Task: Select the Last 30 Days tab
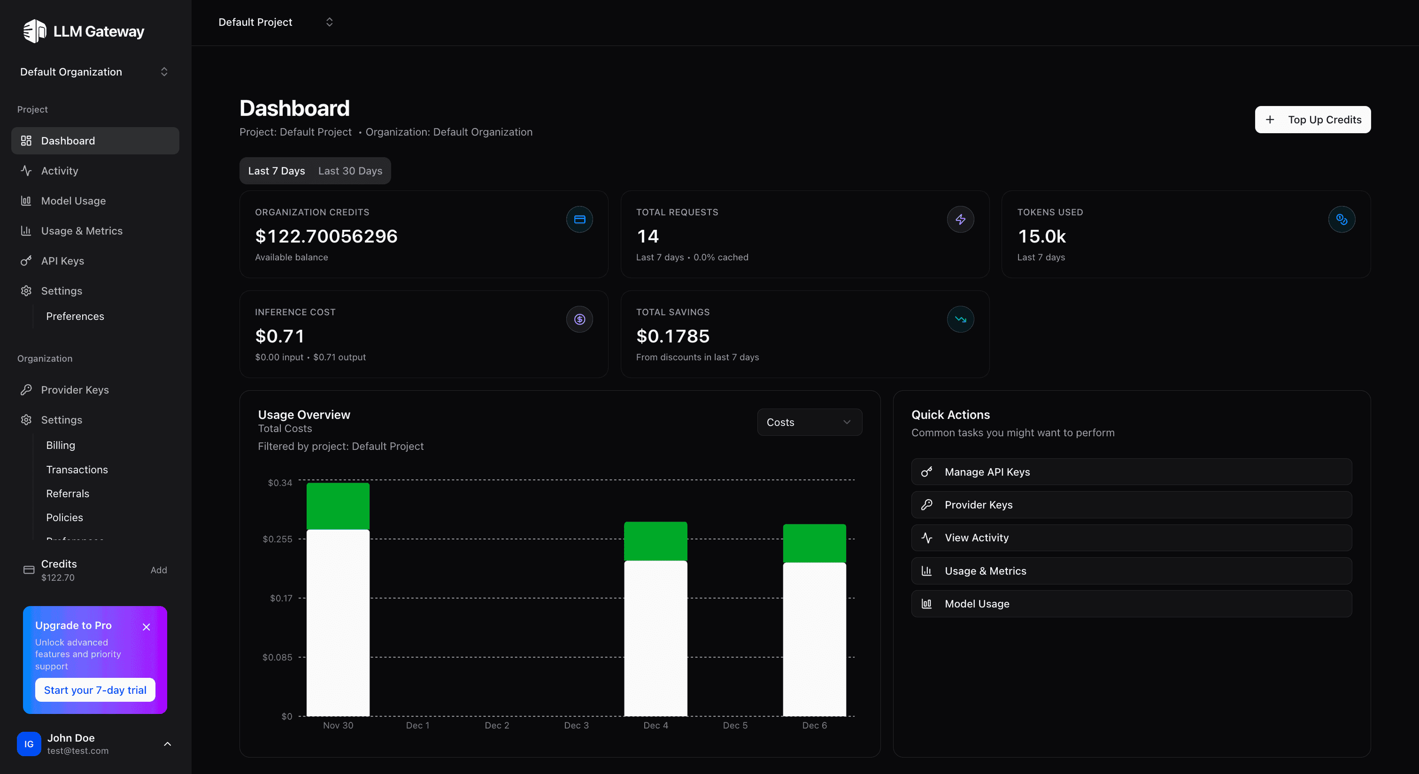350,171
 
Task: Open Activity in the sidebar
60,171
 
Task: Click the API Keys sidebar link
62,261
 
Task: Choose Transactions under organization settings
77,470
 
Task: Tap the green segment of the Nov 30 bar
338,505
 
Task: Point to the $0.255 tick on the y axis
278,539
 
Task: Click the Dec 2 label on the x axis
496,725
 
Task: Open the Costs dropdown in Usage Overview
809,422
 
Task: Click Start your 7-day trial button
95,690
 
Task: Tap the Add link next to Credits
159,570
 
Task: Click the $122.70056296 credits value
326,236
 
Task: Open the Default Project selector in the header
276,22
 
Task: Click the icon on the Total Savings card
960,319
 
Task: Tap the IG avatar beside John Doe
29,744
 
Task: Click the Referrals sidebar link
67,493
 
